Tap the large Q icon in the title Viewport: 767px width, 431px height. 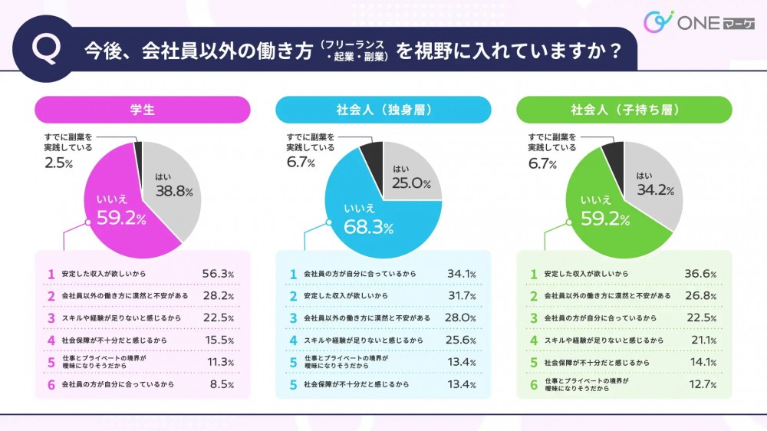tap(48, 50)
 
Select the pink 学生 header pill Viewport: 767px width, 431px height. tap(143, 110)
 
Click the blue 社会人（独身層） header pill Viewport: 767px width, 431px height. tap(383, 110)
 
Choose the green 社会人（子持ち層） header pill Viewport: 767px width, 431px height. tap(624, 110)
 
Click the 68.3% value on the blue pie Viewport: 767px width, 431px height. tap(368, 227)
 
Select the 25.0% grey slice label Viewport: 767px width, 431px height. tap(412, 183)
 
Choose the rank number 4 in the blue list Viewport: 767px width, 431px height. tap(292, 339)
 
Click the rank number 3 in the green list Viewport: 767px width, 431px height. tap(533, 317)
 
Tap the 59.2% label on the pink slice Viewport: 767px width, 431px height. tap(121, 219)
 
